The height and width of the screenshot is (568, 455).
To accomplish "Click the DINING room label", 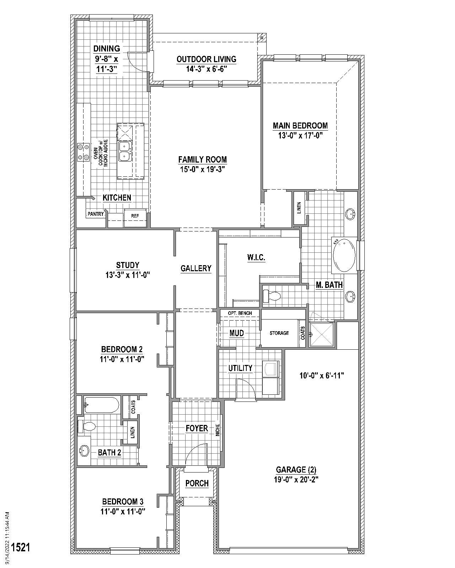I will click(107, 48).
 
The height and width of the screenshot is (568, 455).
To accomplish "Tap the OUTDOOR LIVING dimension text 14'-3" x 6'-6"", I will click(206, 69).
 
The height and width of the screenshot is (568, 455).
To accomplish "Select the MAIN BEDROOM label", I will click(300, 125).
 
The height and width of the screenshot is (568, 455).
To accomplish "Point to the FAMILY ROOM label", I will click(202, 160).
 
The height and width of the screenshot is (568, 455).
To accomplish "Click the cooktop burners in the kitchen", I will click(84, 152).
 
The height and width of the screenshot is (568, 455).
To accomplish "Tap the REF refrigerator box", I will click(135, 215).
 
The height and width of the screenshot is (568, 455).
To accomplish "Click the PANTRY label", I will click(96, 214).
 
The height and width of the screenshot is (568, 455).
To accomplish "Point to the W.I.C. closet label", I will click(256, 257).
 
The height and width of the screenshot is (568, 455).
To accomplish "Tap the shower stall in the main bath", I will click(322, 334).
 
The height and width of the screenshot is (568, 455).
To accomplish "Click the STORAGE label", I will click(279, 333).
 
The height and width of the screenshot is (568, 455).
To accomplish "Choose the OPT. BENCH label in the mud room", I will click(240, 313).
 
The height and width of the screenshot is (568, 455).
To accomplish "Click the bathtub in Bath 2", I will click(102, 405).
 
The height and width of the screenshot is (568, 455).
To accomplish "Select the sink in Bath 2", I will click(84, 451).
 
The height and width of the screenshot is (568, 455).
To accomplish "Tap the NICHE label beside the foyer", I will click(218, 430).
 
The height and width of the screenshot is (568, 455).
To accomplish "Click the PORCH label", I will click(197, 483).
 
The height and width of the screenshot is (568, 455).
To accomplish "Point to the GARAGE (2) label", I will click(296, 470).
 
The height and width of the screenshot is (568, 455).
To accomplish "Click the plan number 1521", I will click(20, 547).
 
